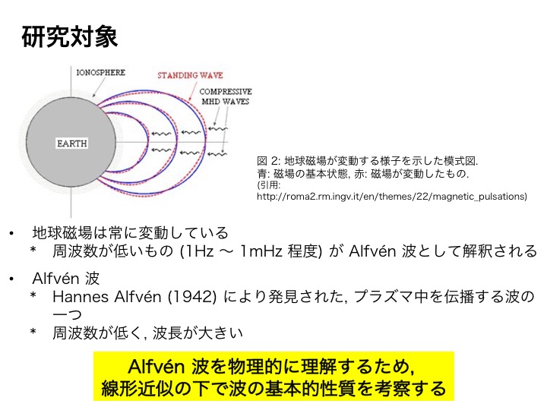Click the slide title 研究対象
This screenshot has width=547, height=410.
click(70, 36)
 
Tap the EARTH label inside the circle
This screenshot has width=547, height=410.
click(72, 143)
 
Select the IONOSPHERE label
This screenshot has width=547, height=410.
click(101, 73)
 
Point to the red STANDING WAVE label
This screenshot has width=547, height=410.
click(190, 75)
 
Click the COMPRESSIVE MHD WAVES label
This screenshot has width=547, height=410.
click(226, 96)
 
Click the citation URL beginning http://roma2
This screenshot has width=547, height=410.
click(392, 197)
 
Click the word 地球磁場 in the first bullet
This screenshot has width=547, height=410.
click(62, 232)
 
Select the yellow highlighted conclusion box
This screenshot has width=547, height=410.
click(273, 377)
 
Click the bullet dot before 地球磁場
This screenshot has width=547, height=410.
click(11, 233)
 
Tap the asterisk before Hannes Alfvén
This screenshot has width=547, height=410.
click(33, 295)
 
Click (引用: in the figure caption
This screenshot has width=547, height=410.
click(269, 185)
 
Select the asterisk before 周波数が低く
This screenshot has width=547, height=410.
click(33, 331)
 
